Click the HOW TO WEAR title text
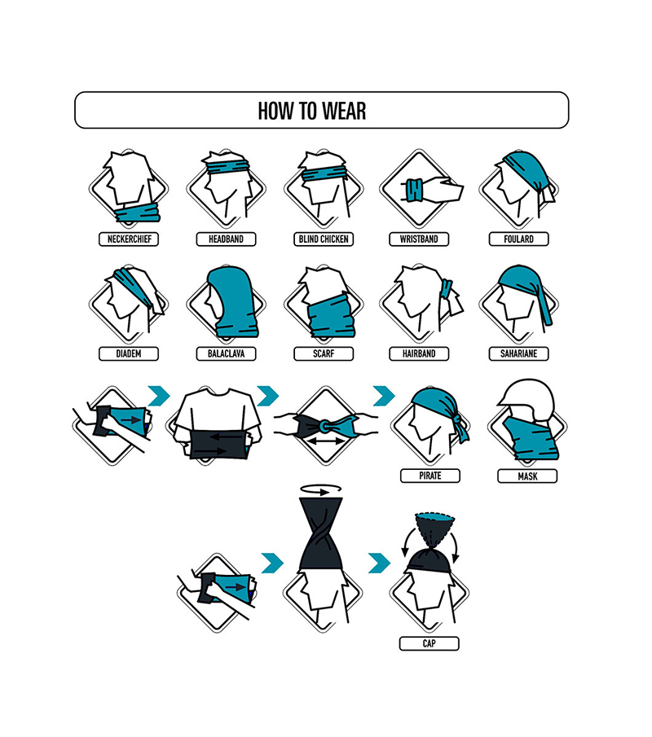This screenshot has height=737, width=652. coord(312,111)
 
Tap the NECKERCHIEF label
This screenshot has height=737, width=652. coord(129,239)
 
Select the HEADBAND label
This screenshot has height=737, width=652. coord(226,239)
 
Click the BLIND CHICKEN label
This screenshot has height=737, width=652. coord(324,239)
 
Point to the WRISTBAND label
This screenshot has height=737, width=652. coord(419,239)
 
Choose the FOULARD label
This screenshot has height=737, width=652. coord(518,239)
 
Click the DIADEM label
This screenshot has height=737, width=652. coord(129,353)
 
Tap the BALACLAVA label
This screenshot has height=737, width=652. coord(226,353)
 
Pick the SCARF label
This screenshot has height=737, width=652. coord(324,353)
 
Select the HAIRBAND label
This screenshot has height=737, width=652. coord(419,353)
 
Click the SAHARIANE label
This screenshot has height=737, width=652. coord(518,353)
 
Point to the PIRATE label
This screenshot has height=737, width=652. coord(430,476)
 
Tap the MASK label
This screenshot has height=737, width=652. coord(527,476)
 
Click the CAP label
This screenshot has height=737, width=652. coord(429,643)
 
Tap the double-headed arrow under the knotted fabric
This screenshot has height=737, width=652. coord(325,442)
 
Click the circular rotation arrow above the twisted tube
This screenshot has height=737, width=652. coord(320,490)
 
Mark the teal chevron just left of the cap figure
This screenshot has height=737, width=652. coord(379,563)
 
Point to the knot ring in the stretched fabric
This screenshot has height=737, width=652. coord(324,427)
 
